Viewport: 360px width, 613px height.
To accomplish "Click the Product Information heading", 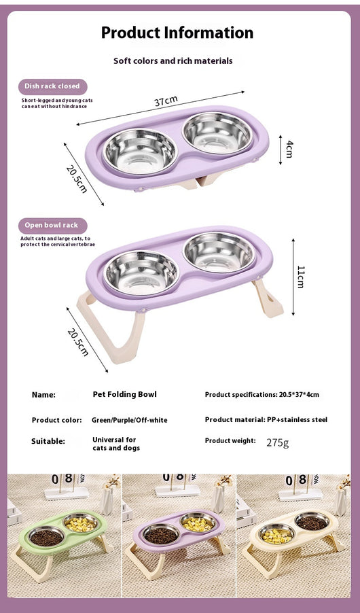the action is point(177,33).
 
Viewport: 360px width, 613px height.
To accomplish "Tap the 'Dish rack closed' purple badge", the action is point(53,86).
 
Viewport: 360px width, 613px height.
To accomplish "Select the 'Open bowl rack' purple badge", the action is point(53,226).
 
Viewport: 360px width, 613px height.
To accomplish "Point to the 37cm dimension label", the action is point(166,101).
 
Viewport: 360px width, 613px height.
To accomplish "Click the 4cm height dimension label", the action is point(289,149).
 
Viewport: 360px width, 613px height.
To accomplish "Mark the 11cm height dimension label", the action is point(301,277).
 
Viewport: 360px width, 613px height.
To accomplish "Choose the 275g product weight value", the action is point(278,443).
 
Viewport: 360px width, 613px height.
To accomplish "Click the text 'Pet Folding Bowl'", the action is point(125,394).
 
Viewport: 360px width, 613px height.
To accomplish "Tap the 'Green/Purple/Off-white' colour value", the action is point(129,420).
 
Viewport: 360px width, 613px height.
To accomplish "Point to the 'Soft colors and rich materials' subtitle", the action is point(173,61).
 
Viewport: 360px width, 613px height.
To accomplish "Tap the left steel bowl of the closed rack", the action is point(140,152).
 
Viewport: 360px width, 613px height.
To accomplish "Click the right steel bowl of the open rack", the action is point(219,252).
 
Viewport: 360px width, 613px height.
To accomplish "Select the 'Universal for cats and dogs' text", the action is point(116,444).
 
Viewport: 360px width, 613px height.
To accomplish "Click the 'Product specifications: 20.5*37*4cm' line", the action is point(262,395).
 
